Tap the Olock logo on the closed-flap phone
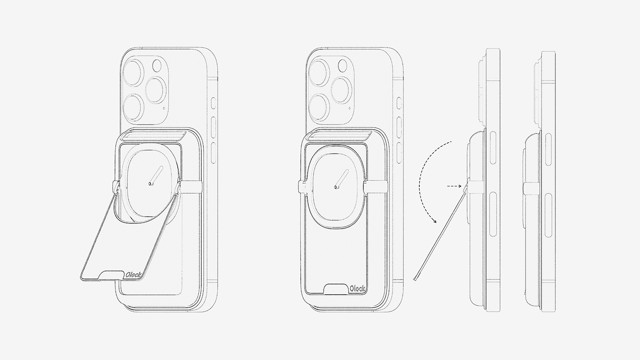(357, 289)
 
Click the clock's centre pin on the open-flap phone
(150, 184)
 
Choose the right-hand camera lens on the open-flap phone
(155, 89)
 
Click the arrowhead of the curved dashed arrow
(435, 221)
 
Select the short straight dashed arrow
(454, 186)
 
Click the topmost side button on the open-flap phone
(213, 103)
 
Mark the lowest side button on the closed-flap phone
(399, 150)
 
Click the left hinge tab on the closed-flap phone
(302, 186)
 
